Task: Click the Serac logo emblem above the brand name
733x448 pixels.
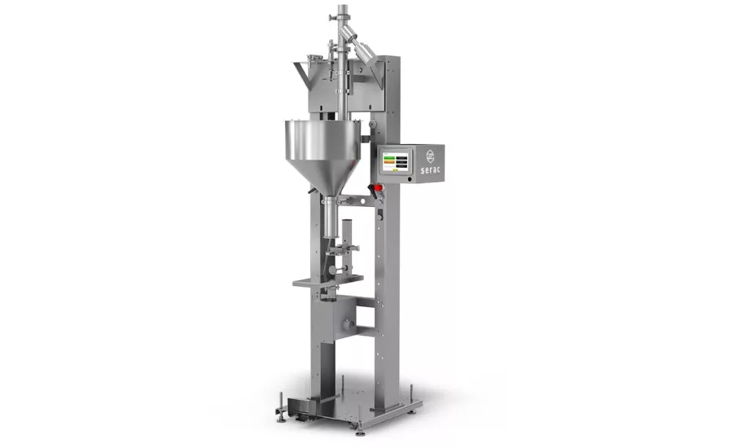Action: click(x=429, y=153)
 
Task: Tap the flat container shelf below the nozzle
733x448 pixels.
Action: click(x=327, y=281)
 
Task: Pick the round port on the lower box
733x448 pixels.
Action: click(x=346, y=325)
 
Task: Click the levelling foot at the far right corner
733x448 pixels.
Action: click(x=411, y=391)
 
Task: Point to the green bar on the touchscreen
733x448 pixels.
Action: click(x=389, y=156)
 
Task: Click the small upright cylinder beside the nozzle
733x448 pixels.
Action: click(x=346, y=232)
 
